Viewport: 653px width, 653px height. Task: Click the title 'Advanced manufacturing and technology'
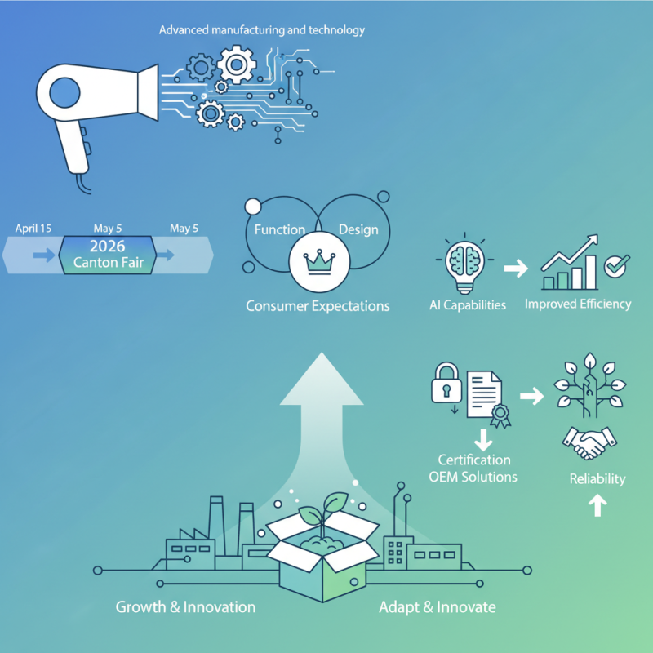pos(261,30)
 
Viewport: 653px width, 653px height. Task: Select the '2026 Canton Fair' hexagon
pos(107,255)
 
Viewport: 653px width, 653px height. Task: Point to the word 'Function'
pos(279,229)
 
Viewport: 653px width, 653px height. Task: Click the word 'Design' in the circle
pos(358,229)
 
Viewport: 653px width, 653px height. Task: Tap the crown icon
pos(318,262)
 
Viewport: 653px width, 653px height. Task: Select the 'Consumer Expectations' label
pos(318,306)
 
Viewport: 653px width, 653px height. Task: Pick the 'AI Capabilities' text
pos(468,305)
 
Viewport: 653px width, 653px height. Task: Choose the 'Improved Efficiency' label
pos(578,304)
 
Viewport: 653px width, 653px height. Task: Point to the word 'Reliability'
pos(597,478)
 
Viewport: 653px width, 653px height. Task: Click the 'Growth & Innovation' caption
pos(185,607)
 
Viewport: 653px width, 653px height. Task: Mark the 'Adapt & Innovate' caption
pos(437,607)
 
